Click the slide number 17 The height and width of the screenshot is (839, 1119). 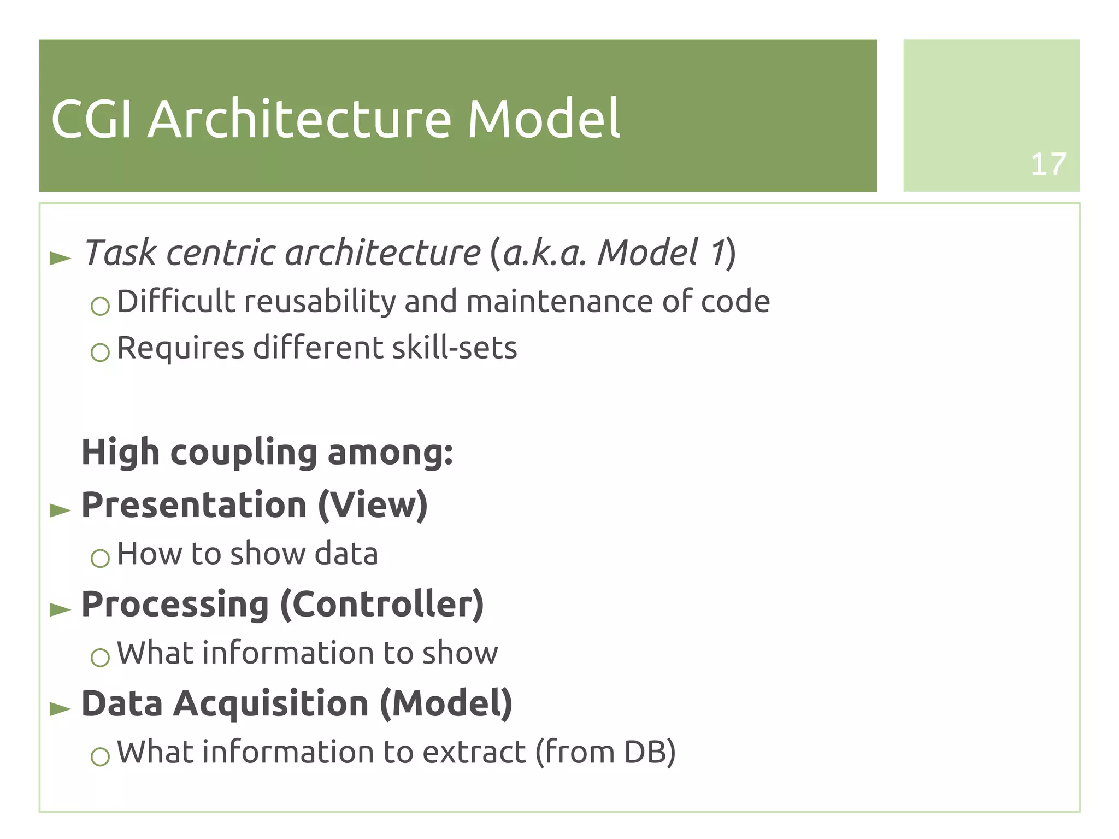click(x=1048, y=164)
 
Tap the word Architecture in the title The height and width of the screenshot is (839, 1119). click(x=299, y=119)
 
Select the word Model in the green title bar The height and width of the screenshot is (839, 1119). click(x=543, y=119)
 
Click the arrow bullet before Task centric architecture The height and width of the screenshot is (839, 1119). click(x=60, y=258)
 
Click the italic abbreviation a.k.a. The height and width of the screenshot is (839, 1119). click(x=544, y=254)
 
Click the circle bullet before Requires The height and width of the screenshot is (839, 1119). click(x=100, y=352)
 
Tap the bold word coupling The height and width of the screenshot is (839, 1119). click(x=244, y=453)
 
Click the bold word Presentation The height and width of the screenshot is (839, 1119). click(x=194, y=504)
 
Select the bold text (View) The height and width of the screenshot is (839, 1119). click(x=373, y=505)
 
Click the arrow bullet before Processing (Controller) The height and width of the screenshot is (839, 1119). click(x=60, y=609)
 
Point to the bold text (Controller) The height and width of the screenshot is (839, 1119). click(x=382, y=605)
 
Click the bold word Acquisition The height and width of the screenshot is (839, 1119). click(x=271, y=703)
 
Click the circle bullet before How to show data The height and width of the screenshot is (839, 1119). click(x=100, y=558)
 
